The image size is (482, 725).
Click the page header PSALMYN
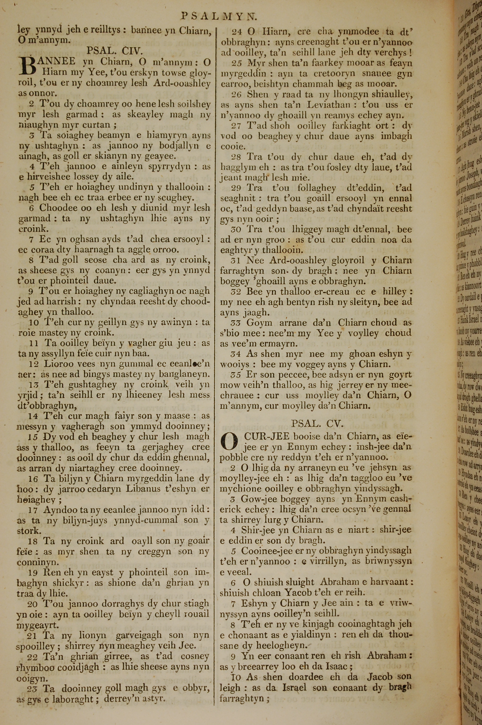219,16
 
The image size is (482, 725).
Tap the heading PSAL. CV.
317,424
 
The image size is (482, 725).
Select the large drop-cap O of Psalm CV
229,441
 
